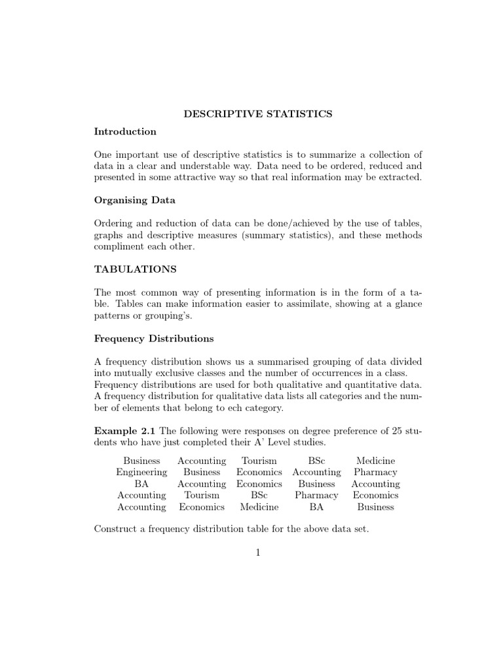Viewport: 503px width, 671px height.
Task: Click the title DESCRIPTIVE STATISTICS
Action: click(257, 114)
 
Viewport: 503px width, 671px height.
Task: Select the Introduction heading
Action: click(125, 132)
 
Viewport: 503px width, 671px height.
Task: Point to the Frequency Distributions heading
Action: click(154, 339)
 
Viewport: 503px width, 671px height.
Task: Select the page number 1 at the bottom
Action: click(258, 552)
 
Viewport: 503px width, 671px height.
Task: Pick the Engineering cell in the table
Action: click(141, 472)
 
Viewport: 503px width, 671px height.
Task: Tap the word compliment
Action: click(121, 247)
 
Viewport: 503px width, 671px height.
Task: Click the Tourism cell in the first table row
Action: click(259, 461)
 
